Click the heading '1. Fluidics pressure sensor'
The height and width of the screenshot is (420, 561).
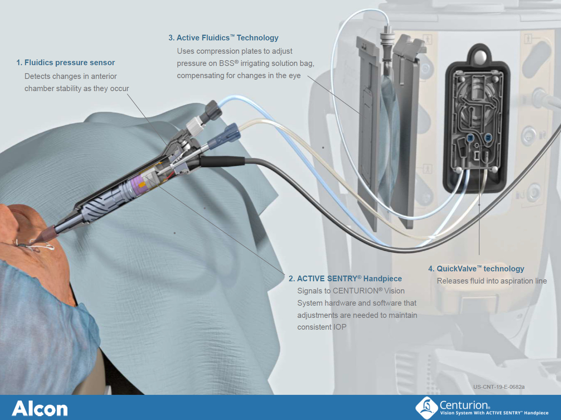pos(66,63)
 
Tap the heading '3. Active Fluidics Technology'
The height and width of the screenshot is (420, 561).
pos(224,38)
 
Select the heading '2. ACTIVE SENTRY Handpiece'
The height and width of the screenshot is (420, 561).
pos(345,279)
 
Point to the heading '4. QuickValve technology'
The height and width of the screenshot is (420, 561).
pos(476,269)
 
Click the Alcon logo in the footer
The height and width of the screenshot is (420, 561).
pos(40,408)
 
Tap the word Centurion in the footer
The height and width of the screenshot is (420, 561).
pos(464,405)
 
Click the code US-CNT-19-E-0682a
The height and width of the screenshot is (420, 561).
pos(499,387)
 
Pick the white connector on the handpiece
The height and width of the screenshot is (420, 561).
pos(195,125)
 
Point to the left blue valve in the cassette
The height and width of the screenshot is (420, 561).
pos(470,138)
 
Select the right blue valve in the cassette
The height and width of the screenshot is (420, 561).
pos(487,138)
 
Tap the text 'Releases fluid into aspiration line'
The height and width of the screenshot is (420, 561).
pos(492,281)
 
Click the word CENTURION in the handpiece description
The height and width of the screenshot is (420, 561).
pos(358,291)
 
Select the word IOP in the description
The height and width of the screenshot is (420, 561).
pos(340,327)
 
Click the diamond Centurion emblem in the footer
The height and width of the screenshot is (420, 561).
pos(427,408)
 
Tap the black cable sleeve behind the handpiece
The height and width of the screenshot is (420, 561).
pos(222,161)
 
